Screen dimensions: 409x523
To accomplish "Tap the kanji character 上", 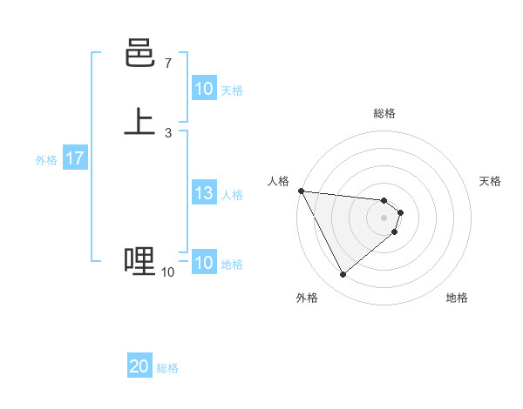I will pos(139,121).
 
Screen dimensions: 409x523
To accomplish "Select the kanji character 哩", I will pos(139,260).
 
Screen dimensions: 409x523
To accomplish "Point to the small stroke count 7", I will pos(167,64).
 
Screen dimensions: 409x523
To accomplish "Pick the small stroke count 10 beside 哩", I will pos(167,272).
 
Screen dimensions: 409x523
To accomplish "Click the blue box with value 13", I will pos(203,193).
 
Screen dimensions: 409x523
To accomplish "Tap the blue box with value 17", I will pos(74,159).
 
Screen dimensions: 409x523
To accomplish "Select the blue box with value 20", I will pos(139,367).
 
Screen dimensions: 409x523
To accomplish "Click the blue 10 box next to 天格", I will pos(203,89).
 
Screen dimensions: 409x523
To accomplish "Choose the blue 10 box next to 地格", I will pos(203,263).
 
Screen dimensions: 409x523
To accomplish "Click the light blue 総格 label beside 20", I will pos(167,368).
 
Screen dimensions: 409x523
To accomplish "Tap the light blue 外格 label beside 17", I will pos(46,160).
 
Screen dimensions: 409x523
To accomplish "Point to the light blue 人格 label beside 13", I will pos(233,194).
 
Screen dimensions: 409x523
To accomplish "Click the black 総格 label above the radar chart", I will pos(384,113).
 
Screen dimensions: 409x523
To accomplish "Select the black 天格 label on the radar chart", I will pos(490,181).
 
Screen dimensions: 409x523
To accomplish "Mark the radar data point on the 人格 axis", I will pos(301,191).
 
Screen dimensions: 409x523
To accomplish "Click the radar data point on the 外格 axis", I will pos(343,275).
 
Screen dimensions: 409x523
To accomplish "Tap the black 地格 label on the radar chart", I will pos(457,298).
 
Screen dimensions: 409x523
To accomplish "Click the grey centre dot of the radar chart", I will pos(384,218).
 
